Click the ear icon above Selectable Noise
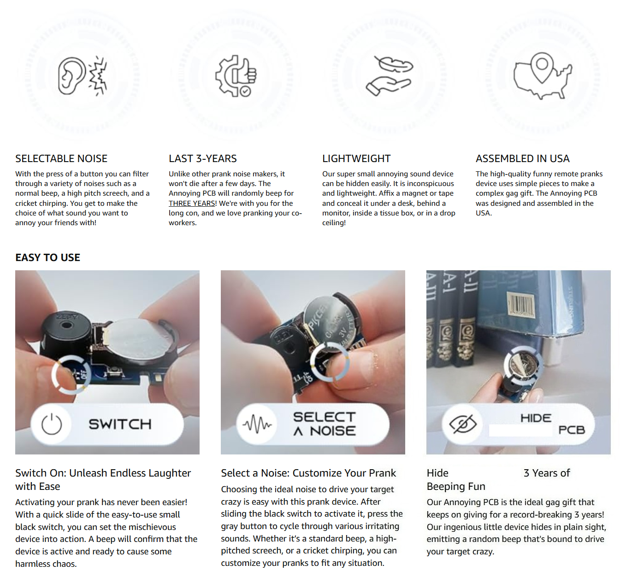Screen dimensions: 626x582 [71, 76]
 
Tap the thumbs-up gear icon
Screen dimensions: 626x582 [236, 76]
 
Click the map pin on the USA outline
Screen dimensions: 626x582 [542, 67]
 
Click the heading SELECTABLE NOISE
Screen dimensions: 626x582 [61, 158]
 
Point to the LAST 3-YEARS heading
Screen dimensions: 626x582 [202, 158]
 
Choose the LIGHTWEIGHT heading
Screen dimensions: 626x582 [356, 158]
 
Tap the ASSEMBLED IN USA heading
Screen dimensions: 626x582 [522, 158]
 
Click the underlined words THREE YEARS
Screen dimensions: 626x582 [192, 203]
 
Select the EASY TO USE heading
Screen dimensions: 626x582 [47, 257]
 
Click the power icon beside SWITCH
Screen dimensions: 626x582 [52, 424]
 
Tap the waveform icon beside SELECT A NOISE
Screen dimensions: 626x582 [257, 424]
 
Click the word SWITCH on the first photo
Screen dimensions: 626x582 [120, 424]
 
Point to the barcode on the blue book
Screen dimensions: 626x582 [520, 305]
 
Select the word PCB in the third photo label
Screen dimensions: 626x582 [572, 430]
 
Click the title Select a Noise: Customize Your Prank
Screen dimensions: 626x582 [308, 473]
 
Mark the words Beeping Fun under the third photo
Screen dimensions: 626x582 [456, 487]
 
